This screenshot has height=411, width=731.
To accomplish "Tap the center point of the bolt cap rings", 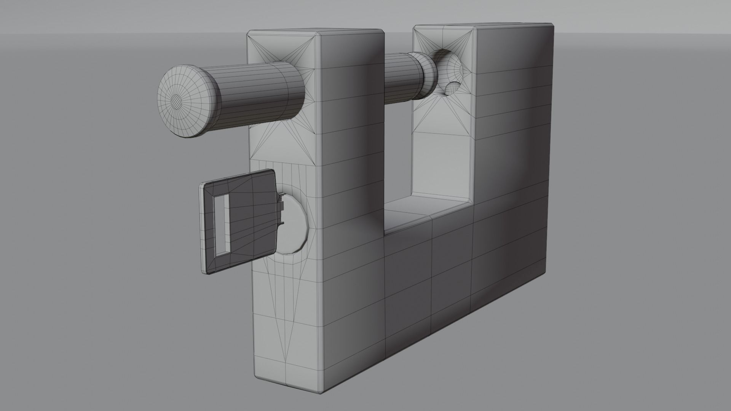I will click(176, 100).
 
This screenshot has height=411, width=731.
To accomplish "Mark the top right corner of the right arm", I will click(553, 26).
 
